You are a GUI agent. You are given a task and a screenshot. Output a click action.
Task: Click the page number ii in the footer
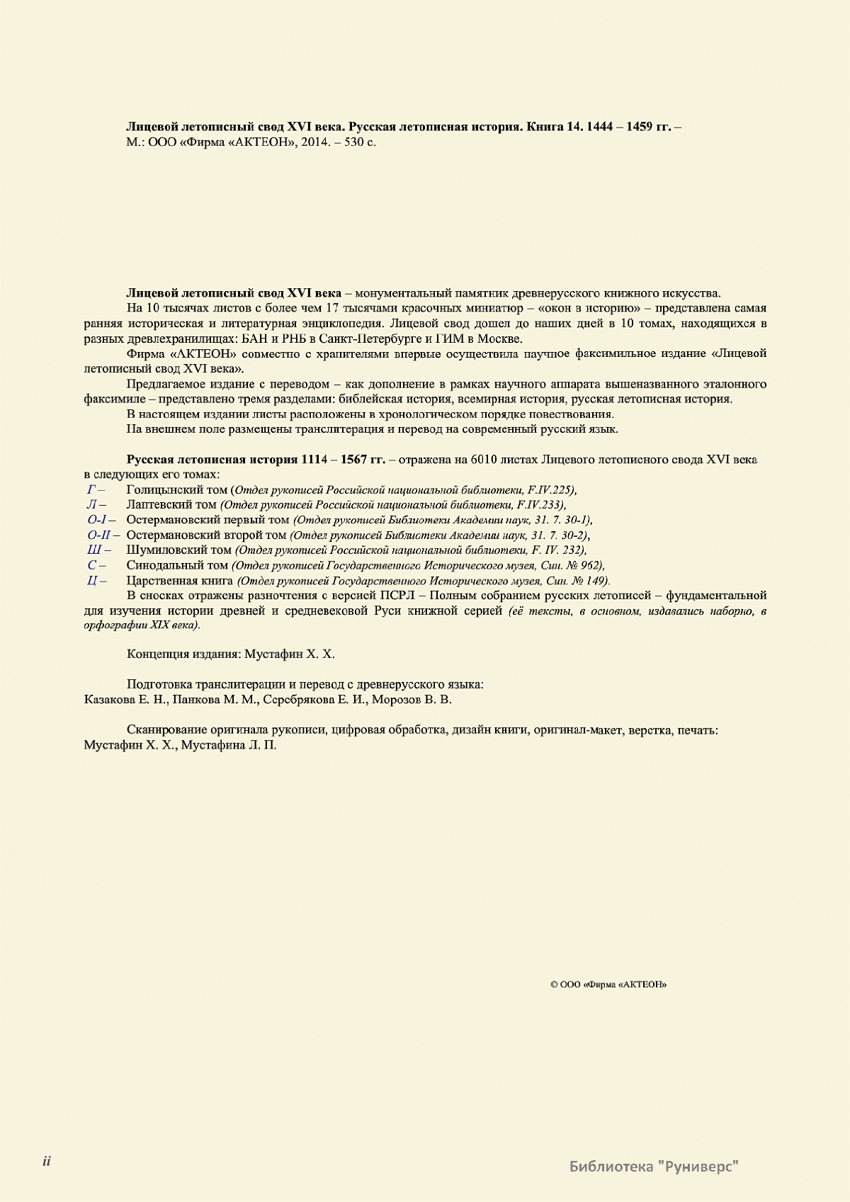pyautogui.click(x=46, y=1162)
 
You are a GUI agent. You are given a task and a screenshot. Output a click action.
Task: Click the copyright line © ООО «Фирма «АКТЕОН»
pyautogui.click(x=608, y=985)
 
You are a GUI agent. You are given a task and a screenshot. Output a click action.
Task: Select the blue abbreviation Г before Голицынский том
pyautogui.click(x=91, y=489)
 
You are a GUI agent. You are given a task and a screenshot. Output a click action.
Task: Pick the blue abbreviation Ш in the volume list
pyautogui.click(x=93, y=550)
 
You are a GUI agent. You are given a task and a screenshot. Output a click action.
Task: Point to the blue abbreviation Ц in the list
pyautogui.click(x=92, y=581)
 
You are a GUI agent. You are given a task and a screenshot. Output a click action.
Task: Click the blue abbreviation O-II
pyautogui.click(x=99, y=535)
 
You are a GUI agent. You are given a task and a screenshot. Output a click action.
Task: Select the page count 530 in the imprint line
pyautogui.click(x=353, y=142)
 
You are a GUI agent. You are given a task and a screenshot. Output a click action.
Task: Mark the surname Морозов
pyautogui.click(x=395, y=700)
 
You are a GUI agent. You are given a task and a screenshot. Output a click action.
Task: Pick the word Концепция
pyautogui.click(x=158, y=654)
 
